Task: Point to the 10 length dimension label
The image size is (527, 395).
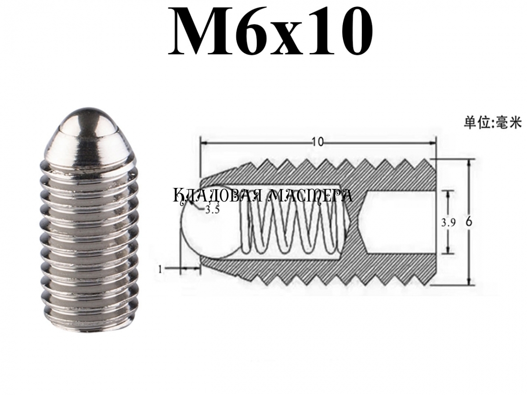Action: (318, 142)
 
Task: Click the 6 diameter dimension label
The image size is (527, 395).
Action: (469, 223)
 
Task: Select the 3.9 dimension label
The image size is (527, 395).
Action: (448, 223)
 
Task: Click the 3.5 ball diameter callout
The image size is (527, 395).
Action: (212, 210)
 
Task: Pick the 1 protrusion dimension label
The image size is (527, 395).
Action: (160, 270)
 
